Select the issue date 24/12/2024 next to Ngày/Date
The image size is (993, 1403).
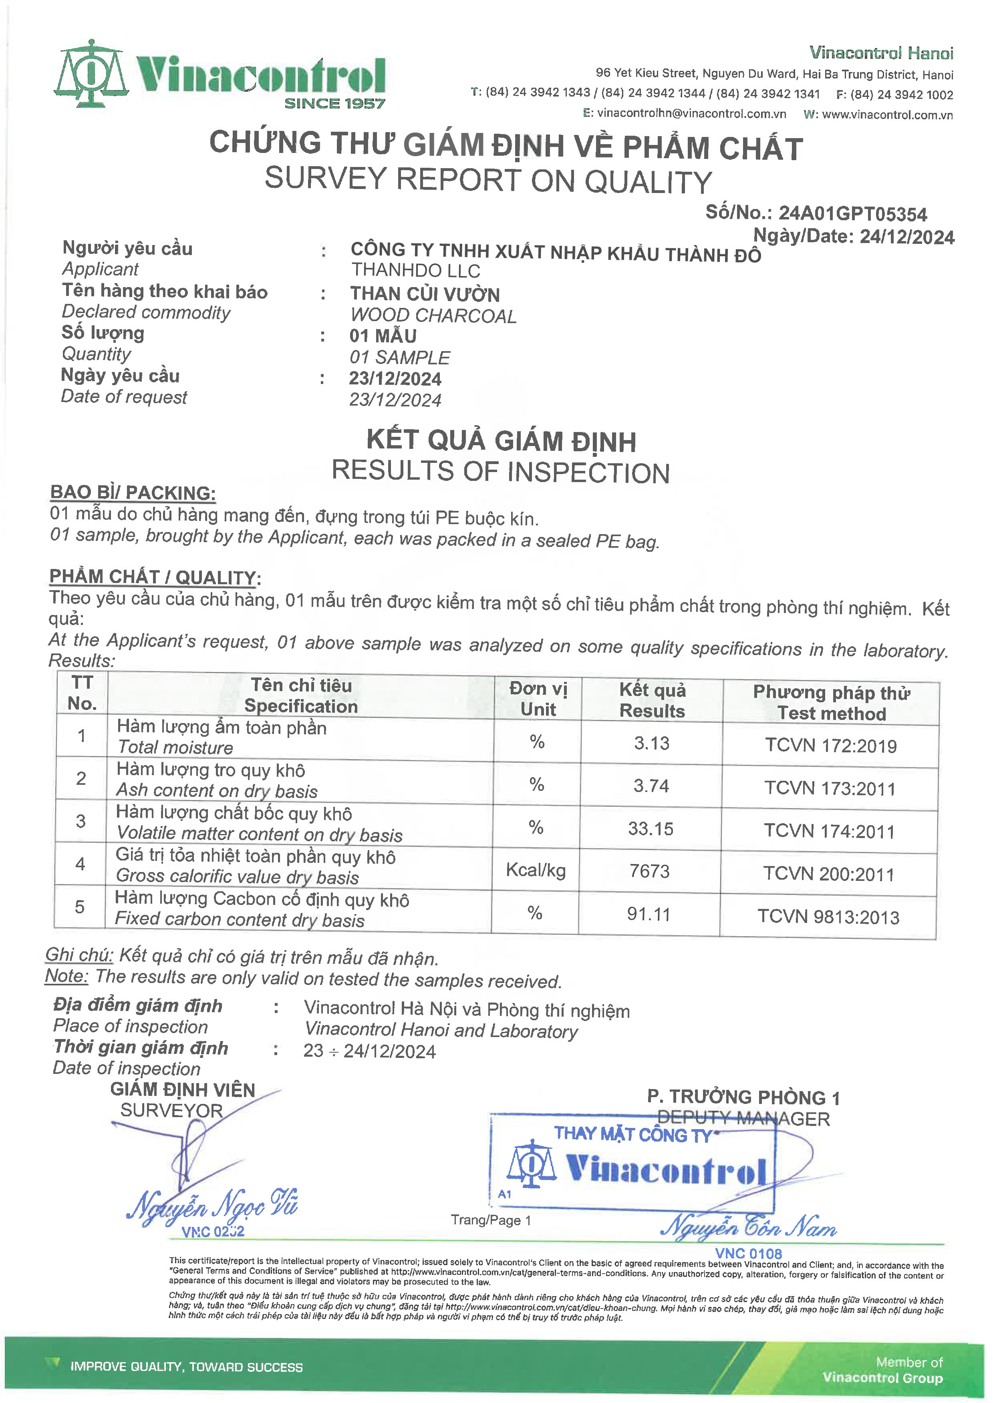pyautogui.click(x=907, y=237)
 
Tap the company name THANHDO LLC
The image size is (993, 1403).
pyautogui.click(x=415, y=270)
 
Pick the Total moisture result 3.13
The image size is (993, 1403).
pyautogui.click(x=651, y=743)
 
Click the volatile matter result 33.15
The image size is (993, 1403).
pyautogui.click(x=650, y=828)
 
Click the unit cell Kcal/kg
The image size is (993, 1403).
pyautogui.click(x=536, y=870)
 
